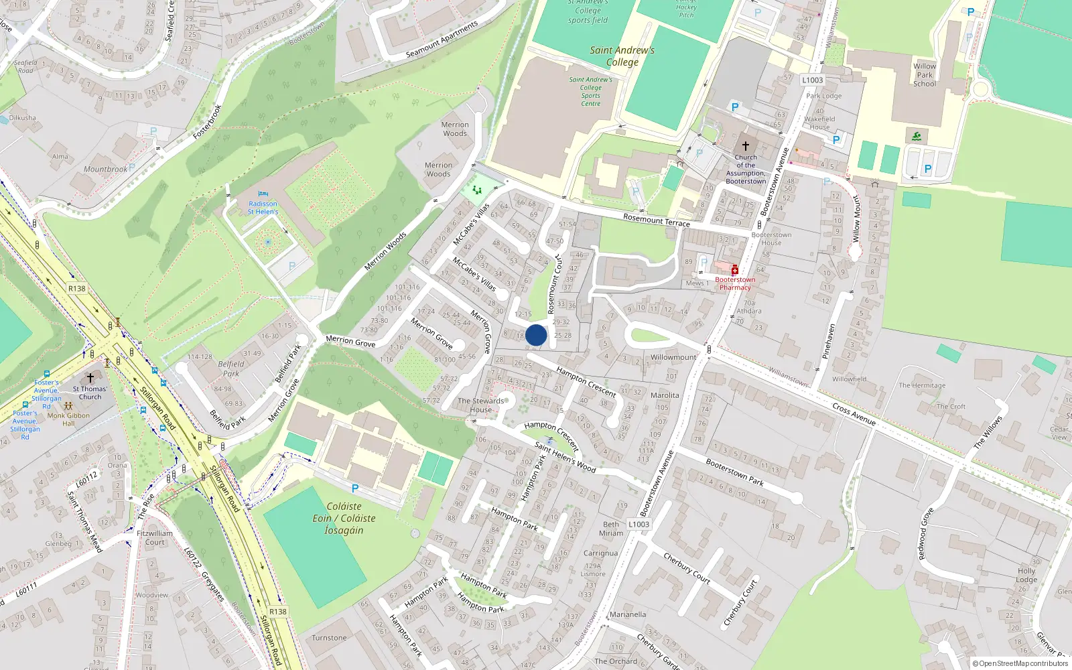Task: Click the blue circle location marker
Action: coord(536,335)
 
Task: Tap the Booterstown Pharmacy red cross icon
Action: coord(734,270)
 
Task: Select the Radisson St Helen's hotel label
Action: coord(263,207)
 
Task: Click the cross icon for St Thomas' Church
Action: coord(90,379)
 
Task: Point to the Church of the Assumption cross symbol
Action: coord(745,146)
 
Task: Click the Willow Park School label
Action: coord(925,75)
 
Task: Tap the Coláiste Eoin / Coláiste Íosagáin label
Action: coord(344,519)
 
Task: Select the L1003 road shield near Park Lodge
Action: coord(812,80)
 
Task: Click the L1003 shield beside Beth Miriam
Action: coord(639,525)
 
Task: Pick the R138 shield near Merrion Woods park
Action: coord(77,289)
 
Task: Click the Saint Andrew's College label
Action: coord(622,56)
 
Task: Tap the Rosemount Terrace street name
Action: coord(656,220)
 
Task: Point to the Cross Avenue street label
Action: coord(854,414)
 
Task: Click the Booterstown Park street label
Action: coord(734,472)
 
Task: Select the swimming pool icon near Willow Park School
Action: coord(917,137)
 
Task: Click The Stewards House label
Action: coord(480,405)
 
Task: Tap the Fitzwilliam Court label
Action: coord(155,538)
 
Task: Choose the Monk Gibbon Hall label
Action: coord(68,419)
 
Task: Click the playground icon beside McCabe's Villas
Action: coord(477,191)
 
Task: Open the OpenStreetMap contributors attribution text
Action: coord(1020,664)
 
